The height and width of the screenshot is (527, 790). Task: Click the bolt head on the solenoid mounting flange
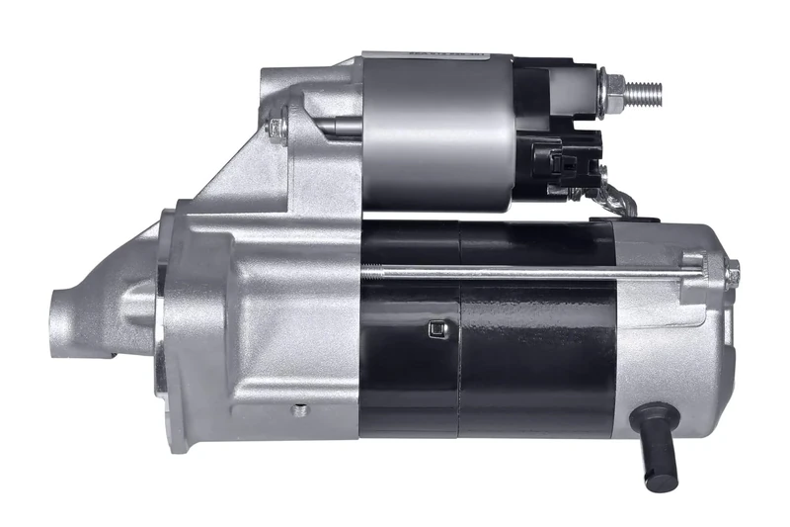point(278,127)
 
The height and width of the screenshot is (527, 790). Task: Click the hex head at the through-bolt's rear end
point(732,268)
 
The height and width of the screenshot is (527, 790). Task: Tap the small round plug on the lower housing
point(300,409)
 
